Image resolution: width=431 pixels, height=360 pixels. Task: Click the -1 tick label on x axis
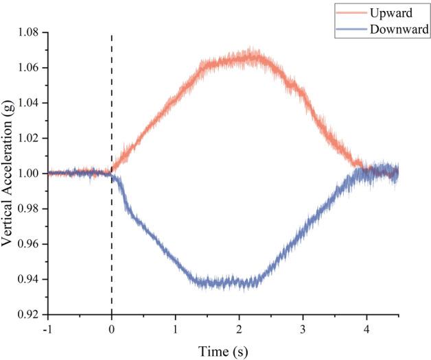coord(47,328)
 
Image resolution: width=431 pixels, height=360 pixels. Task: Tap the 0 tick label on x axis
coord(111,328)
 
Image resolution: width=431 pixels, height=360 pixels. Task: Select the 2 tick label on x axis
coord(239,328)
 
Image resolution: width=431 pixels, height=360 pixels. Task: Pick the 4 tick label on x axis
coord(366,328)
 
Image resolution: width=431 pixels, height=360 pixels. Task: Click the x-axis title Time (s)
coord(223,350)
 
